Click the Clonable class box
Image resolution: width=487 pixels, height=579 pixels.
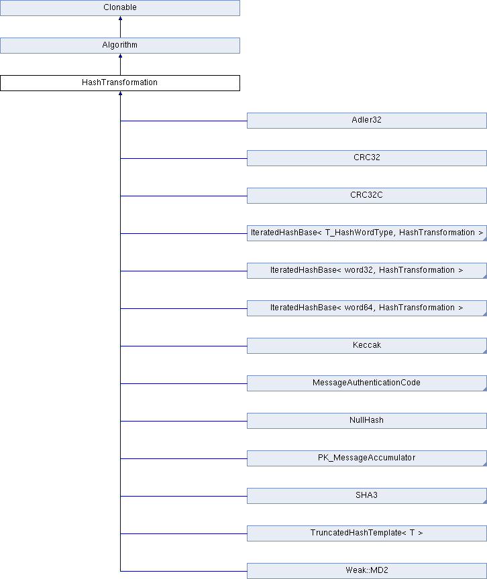[120, 8]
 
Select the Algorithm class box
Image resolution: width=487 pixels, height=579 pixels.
[120, 46]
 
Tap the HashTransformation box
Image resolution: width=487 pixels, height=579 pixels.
[120, 83]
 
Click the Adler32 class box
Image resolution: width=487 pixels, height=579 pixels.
[366, 121]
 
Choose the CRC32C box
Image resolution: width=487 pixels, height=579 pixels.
[366, 196]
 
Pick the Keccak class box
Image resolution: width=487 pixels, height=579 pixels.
[366, 346]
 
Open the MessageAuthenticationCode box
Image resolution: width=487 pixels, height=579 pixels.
[366, 383]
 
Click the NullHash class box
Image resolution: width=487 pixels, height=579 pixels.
[366, 421]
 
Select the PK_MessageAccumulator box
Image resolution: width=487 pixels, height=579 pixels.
[366, 458]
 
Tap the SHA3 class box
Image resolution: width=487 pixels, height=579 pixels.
[366, 496]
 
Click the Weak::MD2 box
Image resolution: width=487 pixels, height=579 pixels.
[366, 571]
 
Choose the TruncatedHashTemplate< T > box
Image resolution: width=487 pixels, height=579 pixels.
[366, 533]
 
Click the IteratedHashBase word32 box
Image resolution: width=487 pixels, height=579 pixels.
[366, 271]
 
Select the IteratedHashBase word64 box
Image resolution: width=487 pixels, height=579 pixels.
[366, 308]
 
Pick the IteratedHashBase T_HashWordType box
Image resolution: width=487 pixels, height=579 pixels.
[366, 233]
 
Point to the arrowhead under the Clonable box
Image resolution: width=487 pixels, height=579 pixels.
[120, 18]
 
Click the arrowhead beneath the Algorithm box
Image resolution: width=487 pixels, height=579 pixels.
[120, 56]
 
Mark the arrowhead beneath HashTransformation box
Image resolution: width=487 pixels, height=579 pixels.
[120, 93]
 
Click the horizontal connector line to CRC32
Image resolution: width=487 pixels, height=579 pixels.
[184, 158]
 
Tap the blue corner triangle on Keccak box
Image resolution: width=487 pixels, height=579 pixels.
[485, 352]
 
